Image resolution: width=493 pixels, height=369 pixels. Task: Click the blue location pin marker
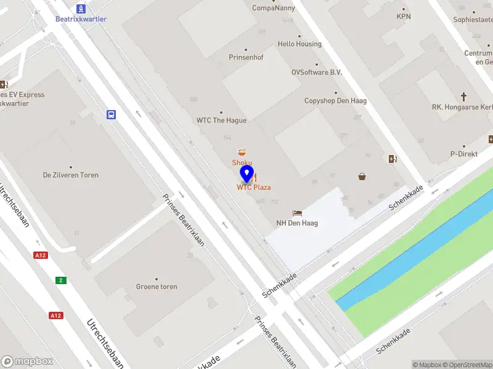(246, 173)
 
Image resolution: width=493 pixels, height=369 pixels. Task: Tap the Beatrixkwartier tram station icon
(81, 8)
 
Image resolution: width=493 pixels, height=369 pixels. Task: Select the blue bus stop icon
(112, 114)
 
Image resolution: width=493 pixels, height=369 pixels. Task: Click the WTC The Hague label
(221, 120)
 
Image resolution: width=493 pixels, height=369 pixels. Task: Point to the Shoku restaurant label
(242, 162)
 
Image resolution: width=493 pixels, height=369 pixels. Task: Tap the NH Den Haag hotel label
(296, 223)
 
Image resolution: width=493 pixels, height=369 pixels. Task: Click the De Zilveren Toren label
(70, 175)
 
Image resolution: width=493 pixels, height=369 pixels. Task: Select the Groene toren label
(157, 287)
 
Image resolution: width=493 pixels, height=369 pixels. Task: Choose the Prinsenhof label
(246, 57)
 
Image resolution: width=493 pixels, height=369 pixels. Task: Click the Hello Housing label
(299, 44)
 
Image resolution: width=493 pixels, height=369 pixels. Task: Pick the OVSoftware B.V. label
(317, 72)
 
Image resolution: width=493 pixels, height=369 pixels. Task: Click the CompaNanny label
(274, 8)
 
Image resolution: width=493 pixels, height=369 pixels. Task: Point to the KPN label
(404, 17)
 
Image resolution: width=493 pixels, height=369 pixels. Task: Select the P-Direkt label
(464, 154)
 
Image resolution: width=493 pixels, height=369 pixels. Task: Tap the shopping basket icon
(362, 177)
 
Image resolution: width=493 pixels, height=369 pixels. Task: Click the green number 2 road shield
(60, 280)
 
